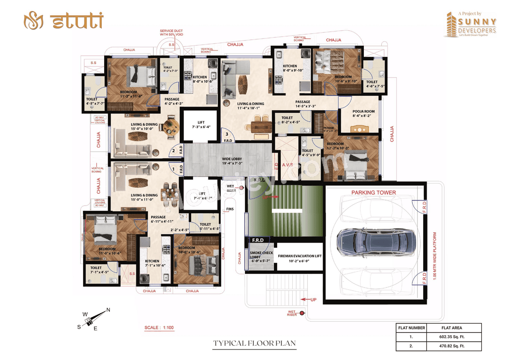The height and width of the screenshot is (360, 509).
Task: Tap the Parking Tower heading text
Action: tap(373, 193)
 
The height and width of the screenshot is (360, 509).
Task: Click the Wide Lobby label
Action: tap(232, 161)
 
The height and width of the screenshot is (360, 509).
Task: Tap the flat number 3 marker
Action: tap(227, 134)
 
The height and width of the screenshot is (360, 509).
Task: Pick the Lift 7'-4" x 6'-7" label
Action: tap(200, 195)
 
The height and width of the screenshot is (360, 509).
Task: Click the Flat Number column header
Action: tap(412, 328)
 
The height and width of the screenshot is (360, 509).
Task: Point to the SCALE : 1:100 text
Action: tap(159, 328)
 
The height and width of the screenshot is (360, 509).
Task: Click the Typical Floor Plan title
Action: tap(254, 343)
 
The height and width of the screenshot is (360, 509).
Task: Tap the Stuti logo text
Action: tap(78, 21)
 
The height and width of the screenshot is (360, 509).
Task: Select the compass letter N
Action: tap(108, 310)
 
